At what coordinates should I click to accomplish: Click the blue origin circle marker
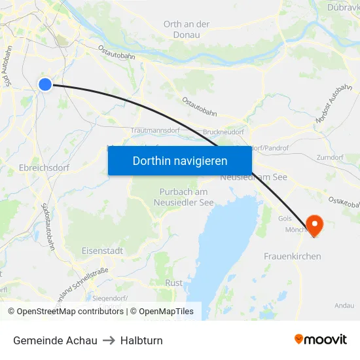point(45,84)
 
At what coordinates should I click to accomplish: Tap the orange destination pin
point(315,225)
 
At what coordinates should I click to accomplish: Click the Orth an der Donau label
point(187,29)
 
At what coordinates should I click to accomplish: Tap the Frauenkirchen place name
point(292,256)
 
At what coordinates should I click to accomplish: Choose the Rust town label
point(174,283)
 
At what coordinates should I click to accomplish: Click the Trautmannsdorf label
point(155,131)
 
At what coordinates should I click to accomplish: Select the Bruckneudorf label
point(224,132)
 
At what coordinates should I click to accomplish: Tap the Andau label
point(344,305)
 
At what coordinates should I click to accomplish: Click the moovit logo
point(320,340)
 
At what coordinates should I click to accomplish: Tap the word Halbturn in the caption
point(141,340)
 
